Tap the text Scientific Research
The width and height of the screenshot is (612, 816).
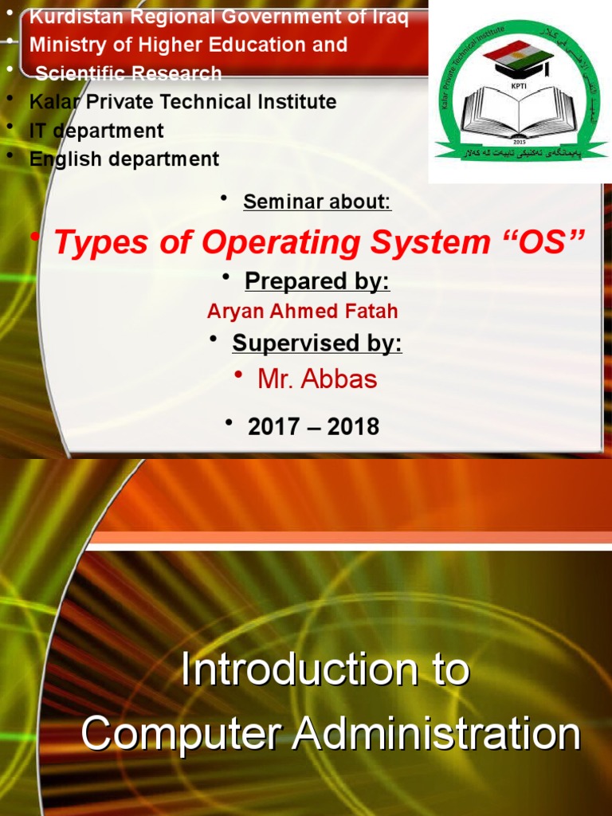(128, 73)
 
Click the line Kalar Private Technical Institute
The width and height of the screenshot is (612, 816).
(182, 102)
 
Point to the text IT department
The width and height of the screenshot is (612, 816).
(96, 131)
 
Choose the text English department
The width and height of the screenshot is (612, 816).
(124, 159)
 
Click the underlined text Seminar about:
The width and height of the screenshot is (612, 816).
(317, 202)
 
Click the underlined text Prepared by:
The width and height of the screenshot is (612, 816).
(317, 281)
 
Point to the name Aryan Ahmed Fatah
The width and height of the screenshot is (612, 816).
(302, 312)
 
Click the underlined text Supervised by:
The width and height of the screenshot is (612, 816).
(317, 343)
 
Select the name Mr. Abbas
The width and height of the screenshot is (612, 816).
(317, 379)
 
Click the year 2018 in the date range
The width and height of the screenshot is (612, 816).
(353, 427)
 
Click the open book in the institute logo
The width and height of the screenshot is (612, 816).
(518, 112)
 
